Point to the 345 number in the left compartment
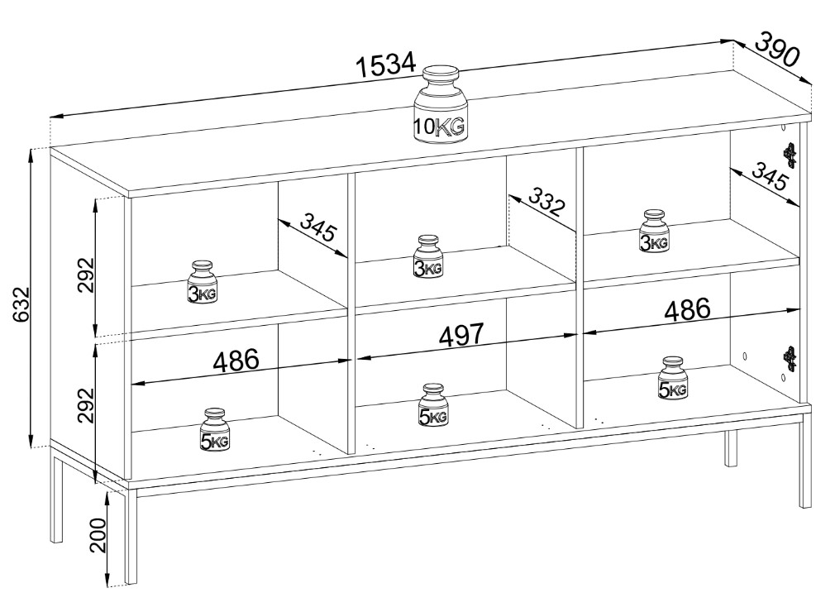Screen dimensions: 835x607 [x=317, y=227]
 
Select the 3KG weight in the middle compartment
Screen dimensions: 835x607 [x=428, y=257]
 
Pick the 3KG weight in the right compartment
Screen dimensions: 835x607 [x=653, y=231]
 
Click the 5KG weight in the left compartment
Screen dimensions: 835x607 [x=214, y=430]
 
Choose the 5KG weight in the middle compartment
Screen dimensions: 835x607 [x=433, y=405]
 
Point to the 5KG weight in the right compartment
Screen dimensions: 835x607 [x=672, y=379]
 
